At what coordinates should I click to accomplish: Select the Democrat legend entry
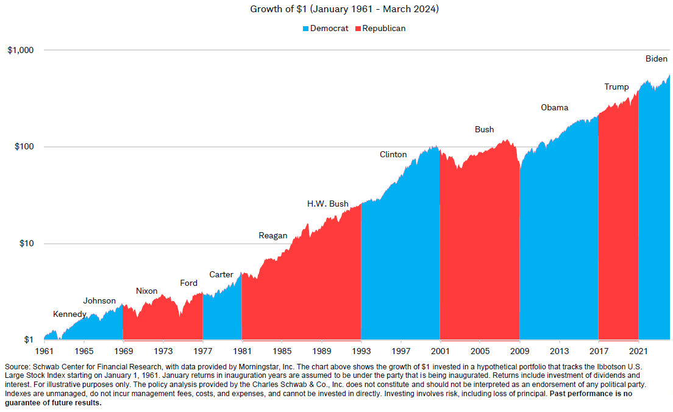326,29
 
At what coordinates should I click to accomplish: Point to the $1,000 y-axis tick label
21,50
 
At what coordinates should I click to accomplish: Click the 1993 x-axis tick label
361,352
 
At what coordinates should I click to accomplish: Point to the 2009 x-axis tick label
520,352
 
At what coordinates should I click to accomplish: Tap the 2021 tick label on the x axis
638,352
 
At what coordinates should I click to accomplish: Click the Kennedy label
69,314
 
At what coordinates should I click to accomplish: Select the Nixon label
146,291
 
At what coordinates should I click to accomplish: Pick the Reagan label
272,236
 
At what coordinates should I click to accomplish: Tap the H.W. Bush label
327,204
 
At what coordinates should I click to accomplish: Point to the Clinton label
393,155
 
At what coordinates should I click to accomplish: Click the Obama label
554,108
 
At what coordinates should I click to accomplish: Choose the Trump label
616,87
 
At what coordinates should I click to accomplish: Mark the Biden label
657,59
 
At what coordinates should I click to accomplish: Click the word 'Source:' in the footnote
18,367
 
